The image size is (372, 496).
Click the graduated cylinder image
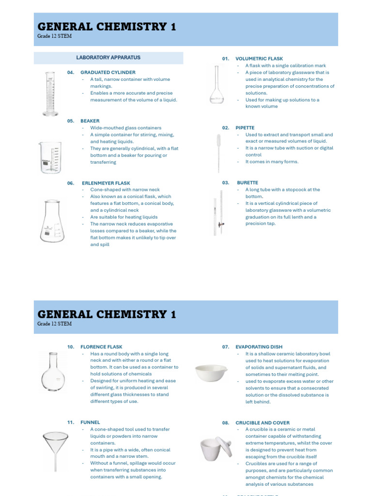pyautogui.click(x=50, y=93)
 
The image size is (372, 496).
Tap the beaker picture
pyautogui.click(x=51, y=157)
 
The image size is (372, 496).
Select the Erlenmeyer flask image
pyautogui.click(x=52, y=221)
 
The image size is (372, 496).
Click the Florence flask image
pyautogui.click(x=53, y=372)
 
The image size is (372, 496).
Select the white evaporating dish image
pyautogui.click(x=211, y=373)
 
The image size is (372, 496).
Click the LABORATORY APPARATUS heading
pyautogui.click(x=108, y=58)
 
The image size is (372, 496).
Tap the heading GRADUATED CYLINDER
pyautogui.click(x=108, y=73)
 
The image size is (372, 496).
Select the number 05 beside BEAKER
pyautogui.click(x=71, y=121)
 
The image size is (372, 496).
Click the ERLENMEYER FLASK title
pyautogui.click(x=106, y=184)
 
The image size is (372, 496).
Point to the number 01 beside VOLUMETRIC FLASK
pyautogui.click(x=226, y=59)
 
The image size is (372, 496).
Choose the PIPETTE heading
pyautogui.click(x=245, y=128)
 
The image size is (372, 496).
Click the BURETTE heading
pyautogui.click(x=248, y=183)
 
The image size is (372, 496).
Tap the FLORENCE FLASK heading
pyautogui.click(x=101, y=347)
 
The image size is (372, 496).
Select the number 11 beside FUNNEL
pyautogui.click(x=71, y=422)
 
